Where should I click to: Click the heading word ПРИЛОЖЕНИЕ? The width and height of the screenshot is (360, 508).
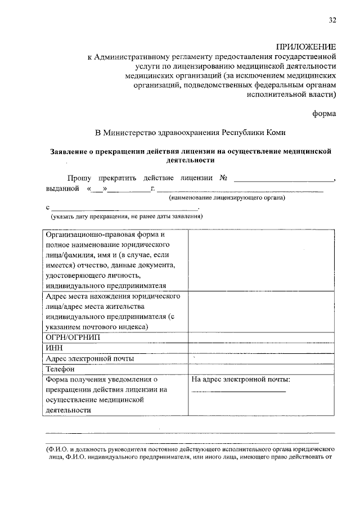click(306, 47)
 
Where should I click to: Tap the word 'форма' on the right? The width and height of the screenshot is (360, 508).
click(325, 113)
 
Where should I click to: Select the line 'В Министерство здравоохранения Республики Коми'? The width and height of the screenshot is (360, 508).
click(191, 133)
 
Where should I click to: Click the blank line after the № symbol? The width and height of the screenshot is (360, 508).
click(283, 179)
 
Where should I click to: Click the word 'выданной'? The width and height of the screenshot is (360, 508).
click(62, 188)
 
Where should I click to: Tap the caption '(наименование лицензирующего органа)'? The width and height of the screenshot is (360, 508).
click(228, 198)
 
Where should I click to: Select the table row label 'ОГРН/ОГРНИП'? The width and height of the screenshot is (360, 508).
click(67, 338)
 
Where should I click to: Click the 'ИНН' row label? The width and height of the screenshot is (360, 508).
click(53, 348)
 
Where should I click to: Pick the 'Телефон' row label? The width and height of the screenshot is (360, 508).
click(60, 369)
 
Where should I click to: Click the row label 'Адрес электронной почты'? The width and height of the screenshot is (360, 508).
click(90, 358)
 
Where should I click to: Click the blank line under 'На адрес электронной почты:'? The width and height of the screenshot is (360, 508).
click(238, 391)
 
